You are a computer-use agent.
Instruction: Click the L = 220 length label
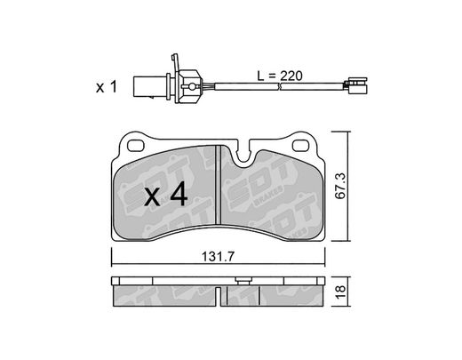click(x=280, y=76)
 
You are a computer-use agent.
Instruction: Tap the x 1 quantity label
click(x=107, y=87)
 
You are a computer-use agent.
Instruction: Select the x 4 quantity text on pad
click(x=166, y=194)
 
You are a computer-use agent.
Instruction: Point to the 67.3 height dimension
click(x=340, y=186)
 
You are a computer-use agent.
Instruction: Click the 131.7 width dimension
click(x=218, y=257)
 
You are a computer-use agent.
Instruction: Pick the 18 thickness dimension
click(x=340, y=292)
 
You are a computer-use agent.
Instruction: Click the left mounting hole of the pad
click(x=135, y=146)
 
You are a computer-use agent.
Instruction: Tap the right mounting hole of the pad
click(x=300, y=146)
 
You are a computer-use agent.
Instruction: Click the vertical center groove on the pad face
click(x=218, y=184)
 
